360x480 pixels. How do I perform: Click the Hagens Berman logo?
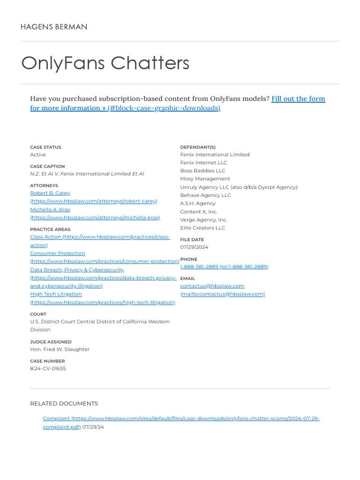click(x=54, y=27)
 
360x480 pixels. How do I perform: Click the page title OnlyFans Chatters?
click(x=105, y=63)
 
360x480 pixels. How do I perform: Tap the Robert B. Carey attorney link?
click(x=50, y=193)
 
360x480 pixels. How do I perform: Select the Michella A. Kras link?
click(x=50, y=210)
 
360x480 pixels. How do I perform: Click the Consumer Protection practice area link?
click(x=58, y=253)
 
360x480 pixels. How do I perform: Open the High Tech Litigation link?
click(x=56, y=294)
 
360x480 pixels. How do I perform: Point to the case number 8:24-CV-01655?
click(x=48, y=368)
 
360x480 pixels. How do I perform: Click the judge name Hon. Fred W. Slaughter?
click(x=60, y=349)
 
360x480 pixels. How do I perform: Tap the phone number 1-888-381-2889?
click(x=199, y=267)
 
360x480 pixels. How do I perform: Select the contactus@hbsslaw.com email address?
click(x=212, y=286)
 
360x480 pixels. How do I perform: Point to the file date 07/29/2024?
click(x=194, y=247)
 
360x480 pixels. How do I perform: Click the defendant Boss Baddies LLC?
click(x=202, y=171)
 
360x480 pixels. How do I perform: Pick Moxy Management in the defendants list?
click(x=205, y=179)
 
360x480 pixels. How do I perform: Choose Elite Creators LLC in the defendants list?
click(x=202, y=228)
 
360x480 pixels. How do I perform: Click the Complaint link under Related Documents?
click(x=56, y=419)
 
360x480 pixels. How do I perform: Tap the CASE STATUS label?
click(x=45, y=147)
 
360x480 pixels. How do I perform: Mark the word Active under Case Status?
click(x=38, y=155)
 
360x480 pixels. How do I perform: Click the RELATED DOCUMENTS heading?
click(x=64, y=404)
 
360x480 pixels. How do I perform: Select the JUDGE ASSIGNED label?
click(x=51, y=342)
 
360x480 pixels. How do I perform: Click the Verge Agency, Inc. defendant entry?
click(x=203, y=220)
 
